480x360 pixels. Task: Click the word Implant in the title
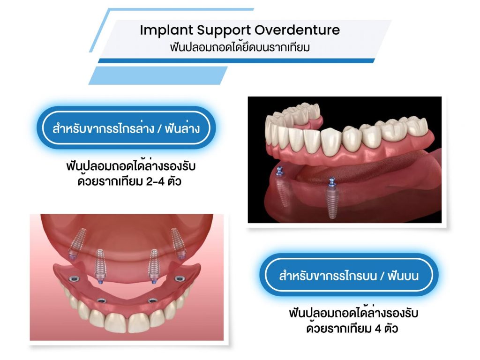[166, 30]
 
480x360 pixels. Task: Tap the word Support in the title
[224, 30]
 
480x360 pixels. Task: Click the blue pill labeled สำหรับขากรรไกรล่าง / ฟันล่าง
[126, 127]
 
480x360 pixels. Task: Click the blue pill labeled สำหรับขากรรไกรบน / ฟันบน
[349, 275]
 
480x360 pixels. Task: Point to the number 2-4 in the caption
[155, 181]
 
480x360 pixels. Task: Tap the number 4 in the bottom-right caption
[378, 329]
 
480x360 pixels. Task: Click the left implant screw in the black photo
[282, 187]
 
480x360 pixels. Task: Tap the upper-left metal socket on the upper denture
[74, 278]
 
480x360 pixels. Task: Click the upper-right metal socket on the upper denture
[180, 278]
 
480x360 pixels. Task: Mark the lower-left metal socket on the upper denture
[102, 300]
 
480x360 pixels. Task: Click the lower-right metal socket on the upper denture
[152, 300]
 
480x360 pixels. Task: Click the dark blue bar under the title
[236, 60]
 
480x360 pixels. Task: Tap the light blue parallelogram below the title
[158, 75]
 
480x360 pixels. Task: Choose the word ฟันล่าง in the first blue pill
[182, 128]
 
